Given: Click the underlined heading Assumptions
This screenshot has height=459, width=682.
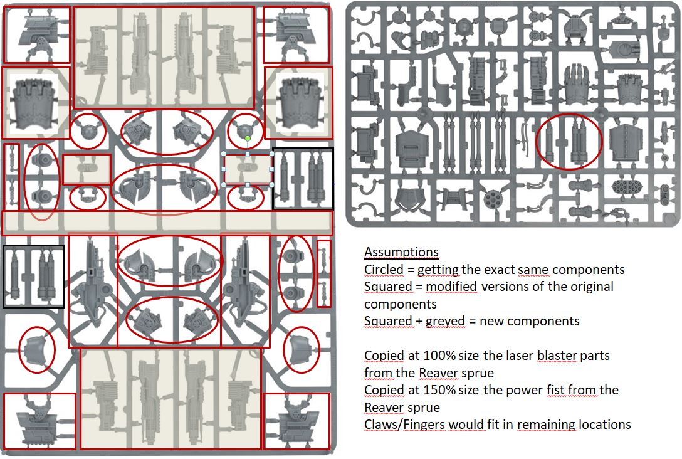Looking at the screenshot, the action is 401,252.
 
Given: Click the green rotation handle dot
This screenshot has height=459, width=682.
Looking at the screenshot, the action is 248,139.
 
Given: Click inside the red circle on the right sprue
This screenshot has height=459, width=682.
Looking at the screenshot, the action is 569,141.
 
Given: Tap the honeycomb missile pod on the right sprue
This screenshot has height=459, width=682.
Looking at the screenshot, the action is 626,187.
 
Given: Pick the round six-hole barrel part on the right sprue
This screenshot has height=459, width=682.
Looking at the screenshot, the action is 493,199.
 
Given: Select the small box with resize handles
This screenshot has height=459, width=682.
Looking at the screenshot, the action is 248,169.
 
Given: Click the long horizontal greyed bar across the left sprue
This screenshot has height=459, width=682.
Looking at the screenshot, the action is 167,223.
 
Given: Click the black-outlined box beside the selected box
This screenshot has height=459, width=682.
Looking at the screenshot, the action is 303,178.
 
